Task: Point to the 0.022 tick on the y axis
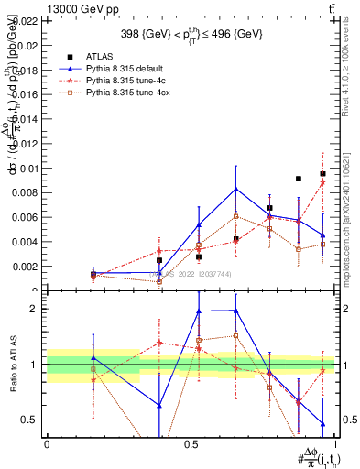coord(26,20)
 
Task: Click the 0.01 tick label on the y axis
coord(28,168)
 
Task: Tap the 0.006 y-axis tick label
coord(26,217)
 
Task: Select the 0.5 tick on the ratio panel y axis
coord(28,420)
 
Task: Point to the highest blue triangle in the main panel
coord(236,189)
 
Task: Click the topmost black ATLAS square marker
coord(322,173)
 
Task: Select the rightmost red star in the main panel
coord(322,182)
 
